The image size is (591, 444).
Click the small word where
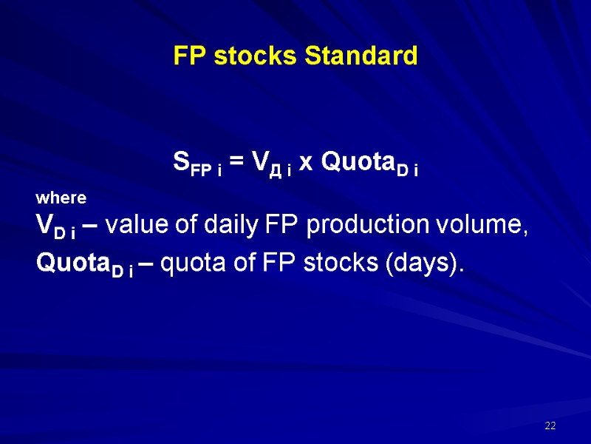[61, 198]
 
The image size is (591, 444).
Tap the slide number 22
[550, 426]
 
